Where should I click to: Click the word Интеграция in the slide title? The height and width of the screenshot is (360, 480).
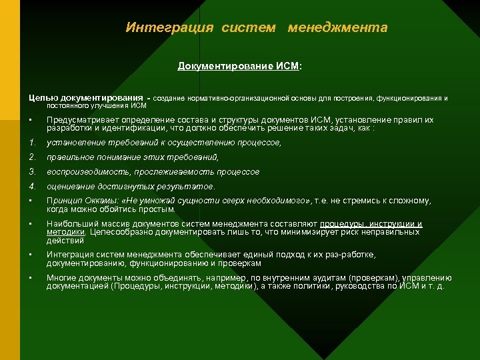[169, 28]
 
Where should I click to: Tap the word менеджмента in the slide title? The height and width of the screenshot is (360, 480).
[337, 28]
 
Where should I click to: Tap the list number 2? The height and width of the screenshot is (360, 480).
[32, 157]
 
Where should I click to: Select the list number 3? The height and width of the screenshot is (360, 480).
[32, 172]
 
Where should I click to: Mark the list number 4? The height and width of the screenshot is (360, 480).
[32, 187]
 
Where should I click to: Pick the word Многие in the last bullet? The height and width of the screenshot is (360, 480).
[62, 278]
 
